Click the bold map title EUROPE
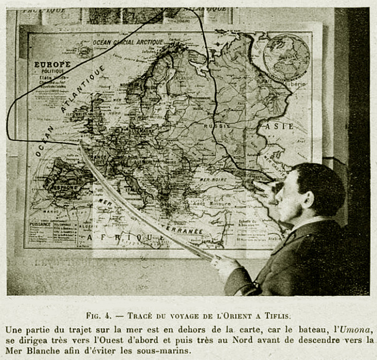pos(53,64)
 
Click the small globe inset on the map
pos(286,57)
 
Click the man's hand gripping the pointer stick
pos(225,264)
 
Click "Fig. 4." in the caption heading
pos(101,316)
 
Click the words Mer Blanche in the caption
pos(30,351)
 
